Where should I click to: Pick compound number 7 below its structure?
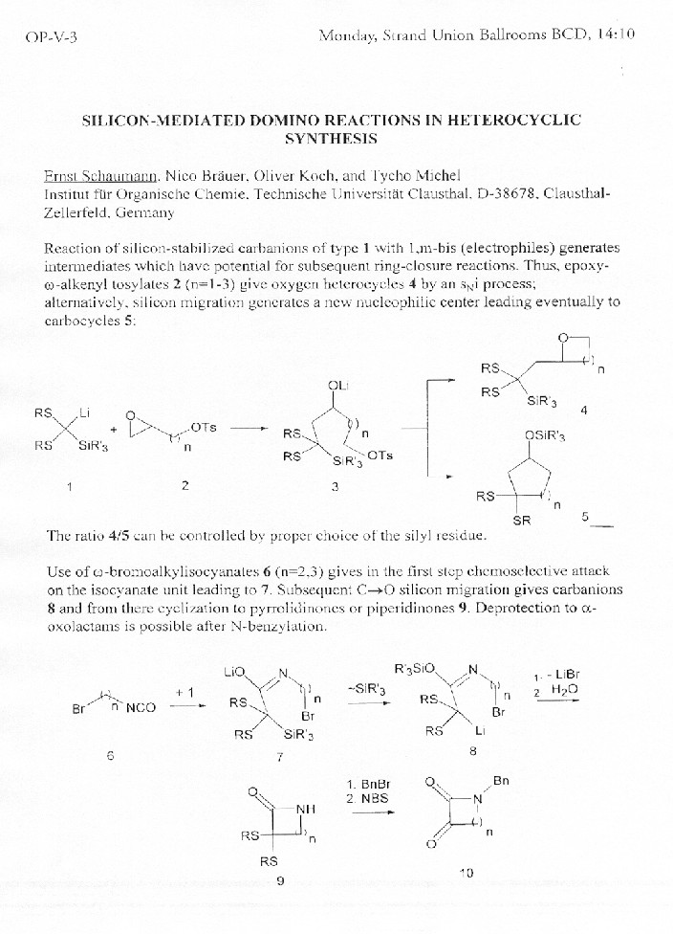279,757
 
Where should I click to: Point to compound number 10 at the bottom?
467,872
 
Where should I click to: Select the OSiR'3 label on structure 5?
545,436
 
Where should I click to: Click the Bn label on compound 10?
501,781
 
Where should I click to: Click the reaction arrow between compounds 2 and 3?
249,428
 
